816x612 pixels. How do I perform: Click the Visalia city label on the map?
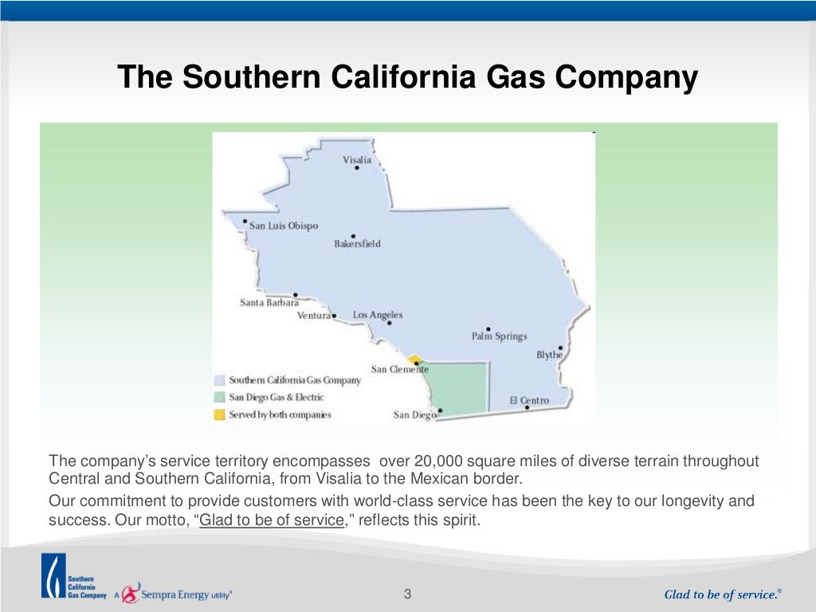pos(356,159)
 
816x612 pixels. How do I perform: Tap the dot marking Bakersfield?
pos(353,236)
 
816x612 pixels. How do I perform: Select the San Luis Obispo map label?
pos(283,226)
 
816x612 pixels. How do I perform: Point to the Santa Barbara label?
pos(269,303)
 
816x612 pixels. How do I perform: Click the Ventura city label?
pos(314,316)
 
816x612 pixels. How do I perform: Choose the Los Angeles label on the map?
pos(378,315)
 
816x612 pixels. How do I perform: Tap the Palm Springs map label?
pos(499,336)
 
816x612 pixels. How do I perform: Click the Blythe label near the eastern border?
pos(549,355)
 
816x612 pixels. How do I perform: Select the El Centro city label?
pos(529,400)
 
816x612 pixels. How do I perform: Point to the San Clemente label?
pos(399,369)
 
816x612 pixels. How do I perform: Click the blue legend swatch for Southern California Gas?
pos(219,380)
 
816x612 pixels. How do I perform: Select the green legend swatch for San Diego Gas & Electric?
pos(219,397)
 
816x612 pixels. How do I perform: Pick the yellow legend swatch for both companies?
pos(219,414)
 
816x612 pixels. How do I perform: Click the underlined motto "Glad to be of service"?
pos(271,520)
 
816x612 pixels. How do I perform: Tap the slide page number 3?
pos(407,594)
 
